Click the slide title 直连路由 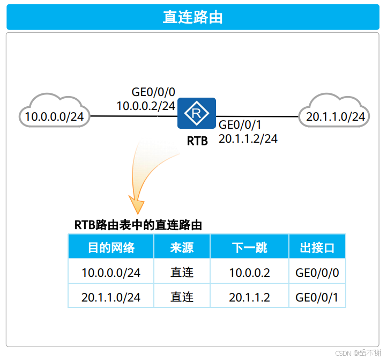[193, 17]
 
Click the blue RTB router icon [197, 113]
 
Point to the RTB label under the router [197, 142]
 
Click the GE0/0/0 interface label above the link [153, 92]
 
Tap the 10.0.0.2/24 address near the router [146, 106]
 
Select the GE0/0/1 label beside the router [240, 125]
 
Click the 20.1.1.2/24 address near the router [248, 138]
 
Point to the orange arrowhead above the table [137, 205]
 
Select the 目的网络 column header [111, 247]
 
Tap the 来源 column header [182, 247]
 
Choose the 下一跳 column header [249, 247]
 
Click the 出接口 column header [317, 247]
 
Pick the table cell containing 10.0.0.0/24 [111, 273]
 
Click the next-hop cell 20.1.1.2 [249, 297]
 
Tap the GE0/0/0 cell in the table [317, 273]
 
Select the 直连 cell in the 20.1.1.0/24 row [182, 297]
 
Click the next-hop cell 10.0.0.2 [249, 273]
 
